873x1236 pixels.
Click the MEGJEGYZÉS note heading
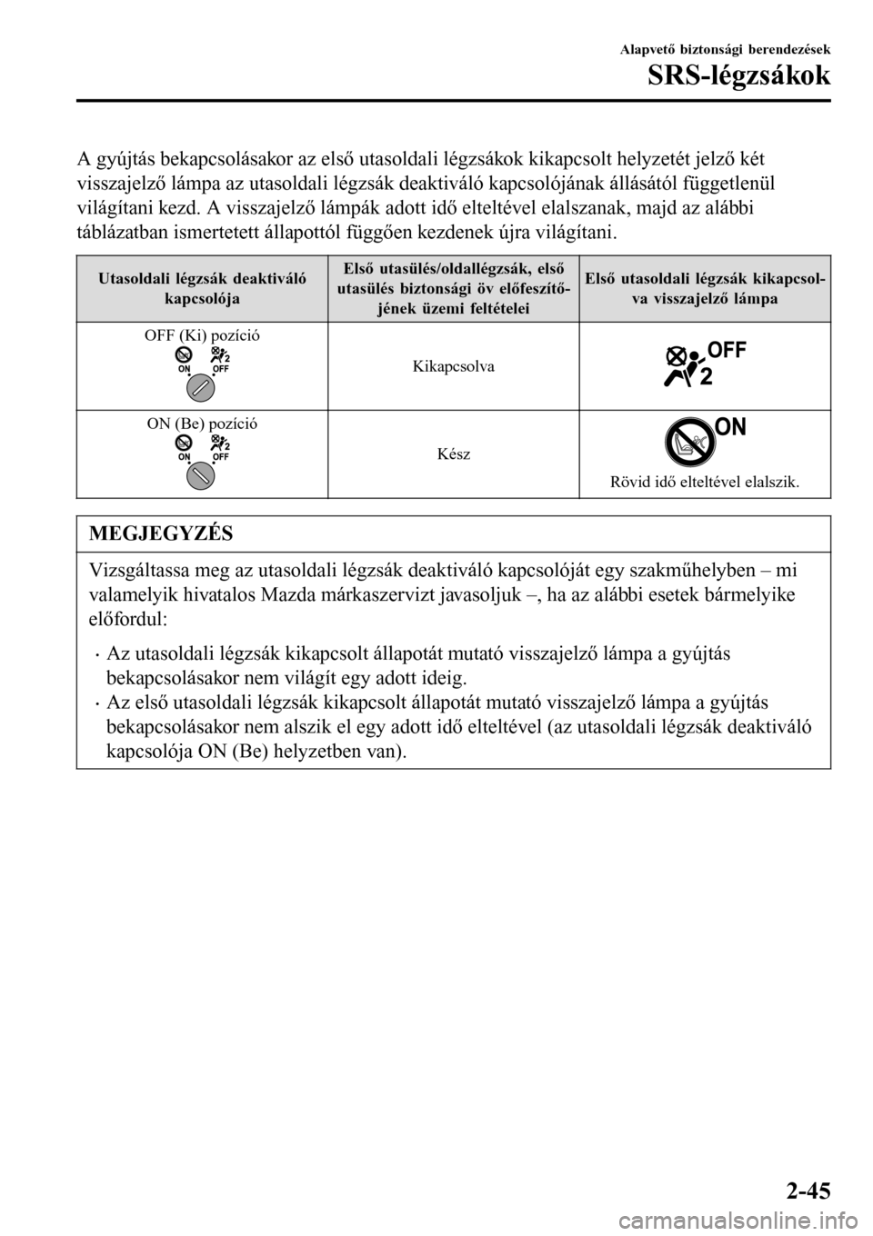(x=161, y=533)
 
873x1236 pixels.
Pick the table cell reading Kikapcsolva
(x=454, y=366)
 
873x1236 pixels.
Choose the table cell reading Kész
(x=454, y=453)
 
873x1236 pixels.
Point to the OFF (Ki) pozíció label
(x=202, y=334)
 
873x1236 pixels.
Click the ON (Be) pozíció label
(x=202, y=423)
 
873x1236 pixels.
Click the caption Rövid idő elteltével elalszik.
(x=705, y=482)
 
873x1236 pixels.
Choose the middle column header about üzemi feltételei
(x=454, y=288)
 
